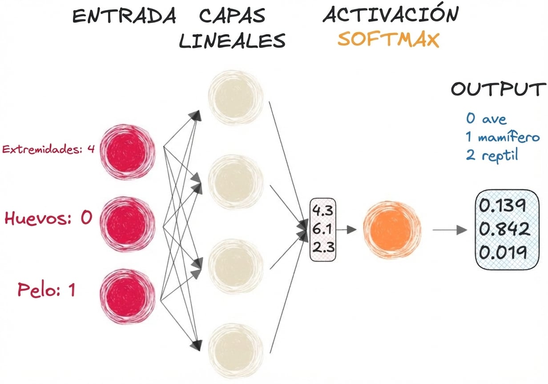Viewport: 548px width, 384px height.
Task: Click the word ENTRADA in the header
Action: coord(124,16)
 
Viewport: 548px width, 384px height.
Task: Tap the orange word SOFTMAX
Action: coord(388,40)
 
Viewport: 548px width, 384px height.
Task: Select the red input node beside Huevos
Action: coord(128,221)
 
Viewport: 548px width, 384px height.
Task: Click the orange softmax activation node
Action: coord(391,230)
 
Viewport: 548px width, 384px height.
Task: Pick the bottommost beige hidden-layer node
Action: coord(235,351)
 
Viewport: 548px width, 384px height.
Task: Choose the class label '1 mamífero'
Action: coord(503,138)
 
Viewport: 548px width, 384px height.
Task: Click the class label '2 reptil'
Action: coord(492,156)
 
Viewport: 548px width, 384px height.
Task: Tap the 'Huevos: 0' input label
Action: coord(48,218)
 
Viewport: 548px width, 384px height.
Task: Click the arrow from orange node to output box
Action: coord(449,230)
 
